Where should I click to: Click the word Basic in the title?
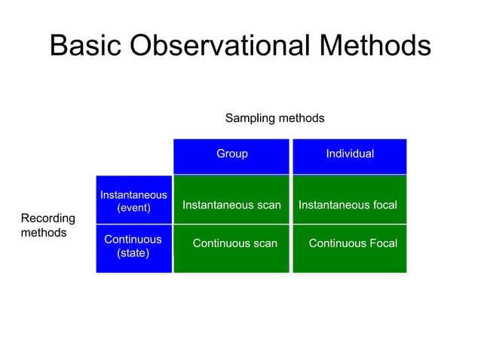(86, 47)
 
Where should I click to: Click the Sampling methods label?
(274, 118)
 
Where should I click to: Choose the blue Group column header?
(231, 154)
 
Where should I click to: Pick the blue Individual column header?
(349, 154)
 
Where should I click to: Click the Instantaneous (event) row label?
(133, 201)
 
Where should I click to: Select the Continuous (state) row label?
(133, 246)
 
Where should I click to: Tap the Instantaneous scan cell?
(231, 205)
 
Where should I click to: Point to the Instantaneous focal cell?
(348, 205)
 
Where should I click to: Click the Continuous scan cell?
(235, 243)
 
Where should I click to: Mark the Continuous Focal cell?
(353, 243)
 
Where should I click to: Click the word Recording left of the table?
(48, 218)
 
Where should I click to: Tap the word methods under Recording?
(44, 233)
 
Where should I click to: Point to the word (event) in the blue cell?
(133, 208)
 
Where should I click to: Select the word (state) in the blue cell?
(133, 253)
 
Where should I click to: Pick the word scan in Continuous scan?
(264, 243)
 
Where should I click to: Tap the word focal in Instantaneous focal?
(382, 205)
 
